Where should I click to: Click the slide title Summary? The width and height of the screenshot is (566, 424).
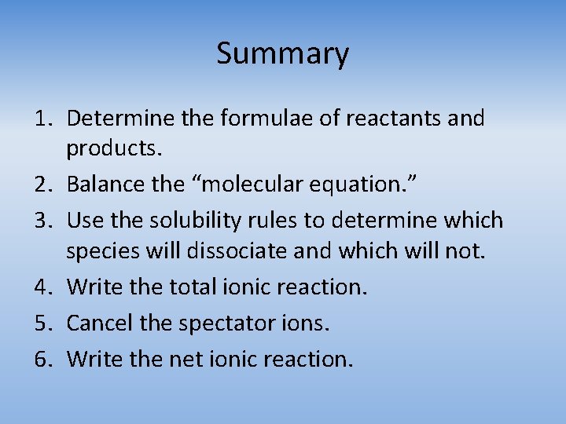282,54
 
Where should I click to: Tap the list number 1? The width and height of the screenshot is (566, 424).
41,119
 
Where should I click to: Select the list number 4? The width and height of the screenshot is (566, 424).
41,287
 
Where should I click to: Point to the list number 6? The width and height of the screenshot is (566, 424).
41,360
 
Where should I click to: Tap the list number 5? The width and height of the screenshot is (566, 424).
41,323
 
